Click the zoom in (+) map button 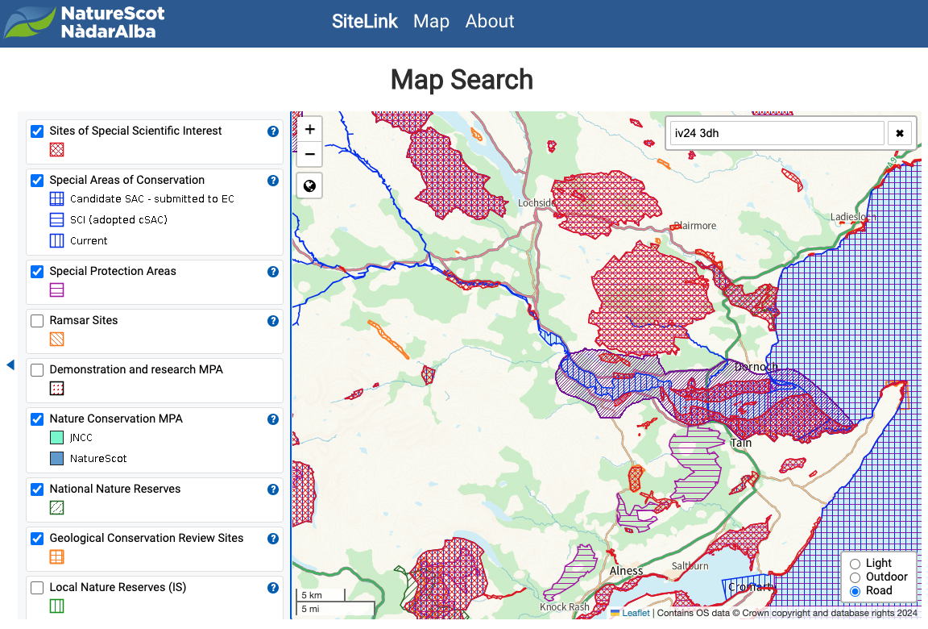[x=309, y=129]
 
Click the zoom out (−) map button [x=309, y=154]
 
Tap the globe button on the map [x=309, y=186]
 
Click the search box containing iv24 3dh [x=777, y=133]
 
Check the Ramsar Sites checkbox [x=37, y=321]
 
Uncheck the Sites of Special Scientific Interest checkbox [x=37, y=131]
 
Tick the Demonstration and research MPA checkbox [x=37, y=370]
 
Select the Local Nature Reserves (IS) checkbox [x=37, y=588]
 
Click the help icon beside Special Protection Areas [x=273, y=272]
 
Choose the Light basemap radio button [x=855, y=564]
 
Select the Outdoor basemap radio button [x=855, y=577]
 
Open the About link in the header [x=489, y=22]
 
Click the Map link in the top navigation [x=431, y=22]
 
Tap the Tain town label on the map [x=741, y=443]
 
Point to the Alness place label [x=626, y=571]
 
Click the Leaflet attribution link [x=636, y=613]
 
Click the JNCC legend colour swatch [x=56, y=438]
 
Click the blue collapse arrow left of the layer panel [x=10, y=365]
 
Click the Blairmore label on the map [x=694, y=226]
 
